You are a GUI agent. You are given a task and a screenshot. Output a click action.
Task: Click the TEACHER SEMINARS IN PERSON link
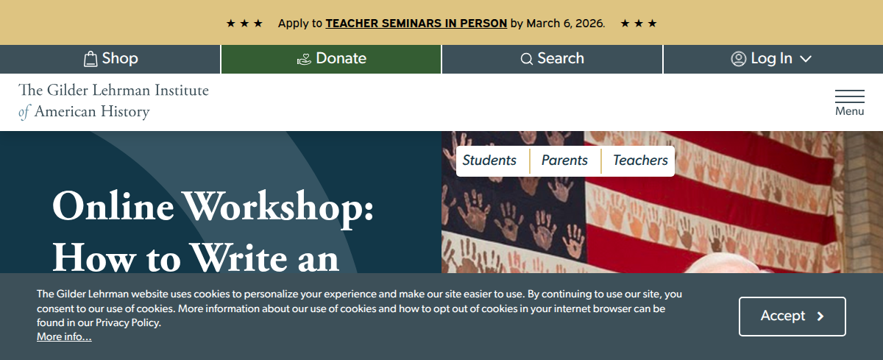click(x=416, y=24)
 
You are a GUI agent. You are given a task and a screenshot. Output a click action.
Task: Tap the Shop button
click(x=110, y=59)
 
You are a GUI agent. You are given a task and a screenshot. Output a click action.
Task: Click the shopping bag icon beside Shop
click(x=91, y=59)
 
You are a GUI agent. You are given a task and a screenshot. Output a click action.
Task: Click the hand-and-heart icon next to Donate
click(x=304, y=59)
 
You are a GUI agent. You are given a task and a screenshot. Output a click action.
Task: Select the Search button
click(x=553, y=59)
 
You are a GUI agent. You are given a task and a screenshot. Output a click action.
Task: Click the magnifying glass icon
click(x=527, y=59)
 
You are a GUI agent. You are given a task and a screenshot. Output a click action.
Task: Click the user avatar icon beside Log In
click(x=738, y=59)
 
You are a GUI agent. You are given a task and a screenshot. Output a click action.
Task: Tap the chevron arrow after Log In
click(x=806, y=59)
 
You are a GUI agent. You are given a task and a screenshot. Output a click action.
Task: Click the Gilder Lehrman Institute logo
click(x=113, y=101)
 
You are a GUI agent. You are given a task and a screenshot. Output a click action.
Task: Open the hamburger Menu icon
click(x=849, y=102)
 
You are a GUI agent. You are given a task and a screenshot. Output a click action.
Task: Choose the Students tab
click(x=489, y=160)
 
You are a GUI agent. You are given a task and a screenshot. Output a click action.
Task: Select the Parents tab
click(x=564, y=160)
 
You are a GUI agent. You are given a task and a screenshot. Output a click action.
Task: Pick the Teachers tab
click(x=640, y=160)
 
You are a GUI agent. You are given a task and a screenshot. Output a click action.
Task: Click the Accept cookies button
click(x=792, y=317)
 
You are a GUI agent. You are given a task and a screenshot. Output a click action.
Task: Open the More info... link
click(x=64, y=336)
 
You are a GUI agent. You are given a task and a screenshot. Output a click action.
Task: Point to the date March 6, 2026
click(x=565, y=24)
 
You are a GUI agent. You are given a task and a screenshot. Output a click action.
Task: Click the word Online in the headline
click(x=113, y=206)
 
